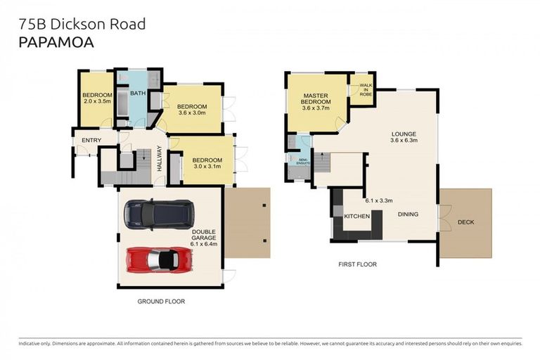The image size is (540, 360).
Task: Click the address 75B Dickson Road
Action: click(x=82, y=24)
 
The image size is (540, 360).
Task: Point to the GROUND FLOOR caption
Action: click(x=161, y=300)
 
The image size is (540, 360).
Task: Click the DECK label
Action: click(x=465, y=222)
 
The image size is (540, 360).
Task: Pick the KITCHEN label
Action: click(x=356, y=216)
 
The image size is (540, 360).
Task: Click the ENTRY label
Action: click(x=91, y=141)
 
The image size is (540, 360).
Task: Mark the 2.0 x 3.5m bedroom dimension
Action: click(x=97, y=101)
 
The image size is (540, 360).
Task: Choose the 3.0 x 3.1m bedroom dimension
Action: click(x=207, y=167)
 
